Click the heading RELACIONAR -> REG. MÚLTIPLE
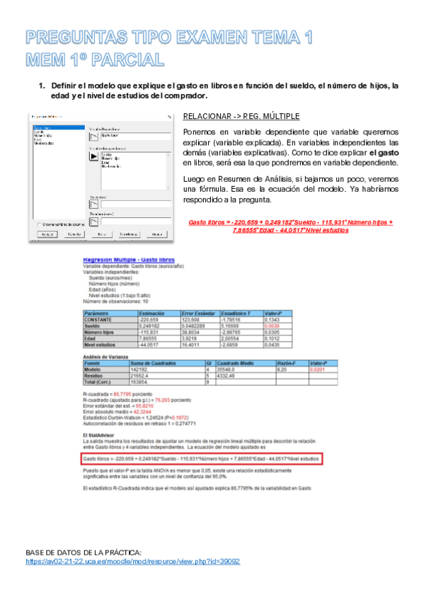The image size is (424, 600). tap(241, 116)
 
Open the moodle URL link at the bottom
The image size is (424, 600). tap(132, 561)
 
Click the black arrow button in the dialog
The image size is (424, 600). tap(93, 158)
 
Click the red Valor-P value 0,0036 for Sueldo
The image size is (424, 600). tap(273, 325)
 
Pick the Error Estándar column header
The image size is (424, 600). tap(199, 312)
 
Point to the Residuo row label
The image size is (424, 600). tap(94, 375)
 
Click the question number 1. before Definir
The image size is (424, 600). tap(41, 86)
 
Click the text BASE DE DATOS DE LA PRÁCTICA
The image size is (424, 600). tap(83, 551)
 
